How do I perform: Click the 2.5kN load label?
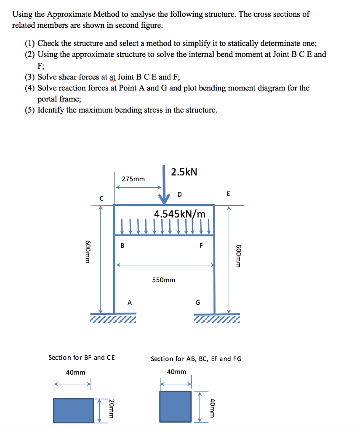[x=184, y=172]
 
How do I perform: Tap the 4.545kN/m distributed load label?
[x=180, y=214]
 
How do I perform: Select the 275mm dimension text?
[x=133, y=179]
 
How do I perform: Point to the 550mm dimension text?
[x=163, y=280]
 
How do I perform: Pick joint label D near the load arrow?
[x=180, y=194]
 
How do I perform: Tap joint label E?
[x=228, y=194]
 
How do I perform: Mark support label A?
[x=129, y=302]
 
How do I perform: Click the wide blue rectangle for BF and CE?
[x=73, y=410]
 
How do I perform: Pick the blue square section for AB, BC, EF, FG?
[x=175, y=406]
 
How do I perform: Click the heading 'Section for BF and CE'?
[x=81, y=357]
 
